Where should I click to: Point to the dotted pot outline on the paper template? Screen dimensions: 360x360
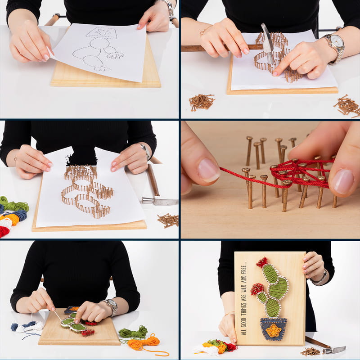[x=102, y=33]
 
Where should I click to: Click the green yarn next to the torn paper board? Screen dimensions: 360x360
[x=13, y=203]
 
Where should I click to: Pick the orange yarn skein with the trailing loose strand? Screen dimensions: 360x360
[x=147, y=344]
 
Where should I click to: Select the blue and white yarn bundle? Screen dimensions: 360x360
[x=27, y=328]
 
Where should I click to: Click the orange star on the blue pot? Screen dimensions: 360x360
[x=273, y=331]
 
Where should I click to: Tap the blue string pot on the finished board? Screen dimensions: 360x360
[x=274, y=329]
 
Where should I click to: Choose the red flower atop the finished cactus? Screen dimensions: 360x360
[x=262, y=262]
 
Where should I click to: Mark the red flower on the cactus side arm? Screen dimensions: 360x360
[x=257, y=289]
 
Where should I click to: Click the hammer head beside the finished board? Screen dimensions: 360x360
[x=335, y=350]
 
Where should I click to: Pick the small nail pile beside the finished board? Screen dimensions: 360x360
[x=310, y=351]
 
